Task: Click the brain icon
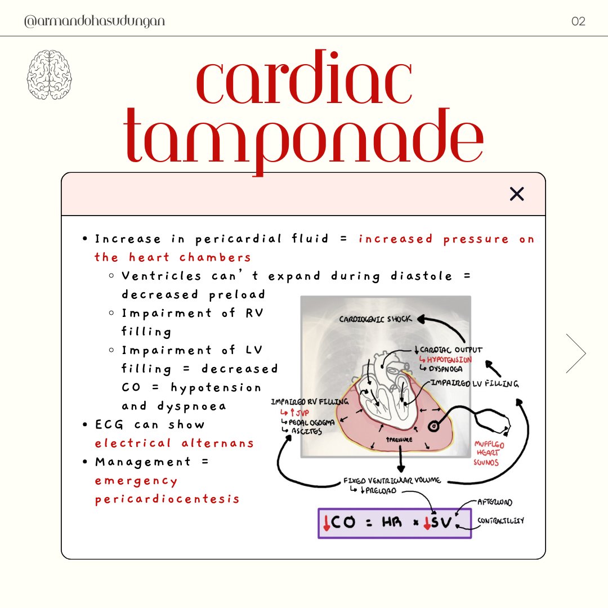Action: click(x=50, y=75)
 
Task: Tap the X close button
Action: click(x=516, y=194)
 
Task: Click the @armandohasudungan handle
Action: click(x=95, y=21)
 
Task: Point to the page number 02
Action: click(x=578, y=21)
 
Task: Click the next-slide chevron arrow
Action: click(x=576, y=353)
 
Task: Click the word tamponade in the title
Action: click(x=304, y=138)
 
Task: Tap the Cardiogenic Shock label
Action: click(x=375, y=319)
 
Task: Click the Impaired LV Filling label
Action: click(x=475, y=383)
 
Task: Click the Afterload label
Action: click(x=495, y=502)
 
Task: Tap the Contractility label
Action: click(x=500, y=521)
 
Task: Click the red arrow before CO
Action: click(x=327, y=523)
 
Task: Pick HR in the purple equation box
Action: click(x=392, y=524)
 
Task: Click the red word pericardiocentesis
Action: click(x=167, y=499)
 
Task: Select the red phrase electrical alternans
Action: click(x=175, y=443)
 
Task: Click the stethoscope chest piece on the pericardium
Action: click(x=434, y=427)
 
